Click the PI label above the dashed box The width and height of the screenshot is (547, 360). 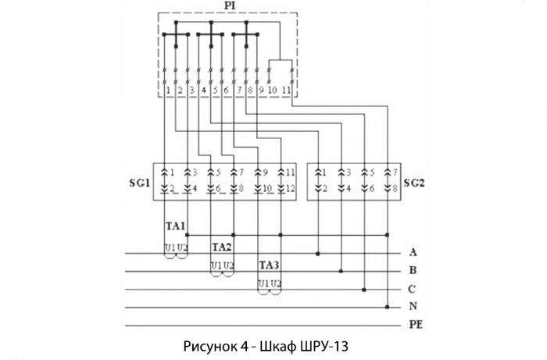pyautogui.click(x=230, y=6)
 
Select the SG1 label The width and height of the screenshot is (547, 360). pyautogui.click(x=140, y=183)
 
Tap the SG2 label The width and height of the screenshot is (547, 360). pyautogui.click(x=414, y=183)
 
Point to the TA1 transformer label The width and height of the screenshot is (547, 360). pyautogui.click(x=176, y=226)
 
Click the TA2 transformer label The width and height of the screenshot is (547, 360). pyautogui.click(x=222, y=247)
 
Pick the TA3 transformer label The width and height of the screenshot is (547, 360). pyautogui.click(x=269, y=266)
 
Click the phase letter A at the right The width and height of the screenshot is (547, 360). pyautogui.click(x=413, y=252)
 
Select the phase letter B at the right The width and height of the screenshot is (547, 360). pyautogui.click(x=413, y=270)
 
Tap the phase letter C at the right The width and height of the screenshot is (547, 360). pyautogui.click(x=412, y=289)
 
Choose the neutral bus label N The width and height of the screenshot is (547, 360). pyautogui.click(x=413, y=306)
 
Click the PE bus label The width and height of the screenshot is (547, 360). pyautogui.click(x=416, y=325)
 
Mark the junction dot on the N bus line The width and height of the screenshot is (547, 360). pyautogui.click(x=387, y=307)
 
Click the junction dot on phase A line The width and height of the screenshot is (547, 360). pyautogui.click(x=318, y=253)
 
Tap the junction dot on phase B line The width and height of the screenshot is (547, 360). pyautogui.click(x=341, y=271)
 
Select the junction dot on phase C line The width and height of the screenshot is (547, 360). pyautogui.click(x=364, y=290)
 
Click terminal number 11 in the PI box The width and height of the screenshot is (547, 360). pyautogui.click(x=286, y=91)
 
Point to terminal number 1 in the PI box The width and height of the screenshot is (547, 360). pyautogui.click(x=168, y=91)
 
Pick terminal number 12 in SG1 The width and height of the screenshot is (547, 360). pyautogui.click(x=290, y=188)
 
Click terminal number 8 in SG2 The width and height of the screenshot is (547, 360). pyautogui.click(x=395, y=188)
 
